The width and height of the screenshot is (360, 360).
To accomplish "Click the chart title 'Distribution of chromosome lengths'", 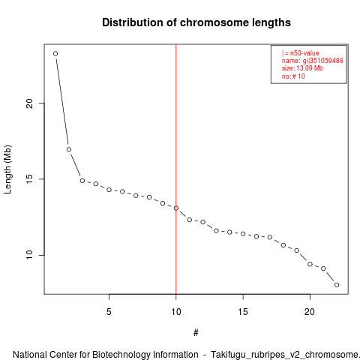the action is click(196, 22).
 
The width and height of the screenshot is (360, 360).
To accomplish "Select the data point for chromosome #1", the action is click(55, 53).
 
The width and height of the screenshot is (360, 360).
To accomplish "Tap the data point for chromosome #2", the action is click(69, 149).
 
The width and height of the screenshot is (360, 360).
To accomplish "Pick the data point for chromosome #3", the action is click(82, 181).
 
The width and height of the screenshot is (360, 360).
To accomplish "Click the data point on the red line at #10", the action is click(176, 208).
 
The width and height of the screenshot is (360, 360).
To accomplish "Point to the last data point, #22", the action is click(337, 285).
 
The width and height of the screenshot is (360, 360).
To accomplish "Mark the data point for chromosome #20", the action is click(310, 264).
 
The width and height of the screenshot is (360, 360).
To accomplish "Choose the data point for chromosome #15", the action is click(243, 234).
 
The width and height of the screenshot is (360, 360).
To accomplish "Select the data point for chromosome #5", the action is click(109, 190).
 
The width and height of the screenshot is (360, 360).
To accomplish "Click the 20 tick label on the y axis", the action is click(29, 103).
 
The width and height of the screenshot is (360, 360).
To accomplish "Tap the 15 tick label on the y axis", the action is click(29, 179).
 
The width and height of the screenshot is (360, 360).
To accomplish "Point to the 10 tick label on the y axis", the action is click(29, 255).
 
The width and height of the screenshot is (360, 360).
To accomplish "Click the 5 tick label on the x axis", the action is click(109, 312).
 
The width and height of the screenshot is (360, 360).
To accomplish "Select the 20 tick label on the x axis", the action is click(310, 312).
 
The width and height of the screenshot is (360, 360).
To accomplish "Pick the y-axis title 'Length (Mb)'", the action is click(7, 169).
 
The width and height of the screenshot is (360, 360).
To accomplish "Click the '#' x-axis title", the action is click(196, 333).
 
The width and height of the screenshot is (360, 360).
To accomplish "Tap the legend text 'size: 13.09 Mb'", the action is click(302, 68).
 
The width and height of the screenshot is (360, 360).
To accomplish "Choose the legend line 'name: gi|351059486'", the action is click(313, 61).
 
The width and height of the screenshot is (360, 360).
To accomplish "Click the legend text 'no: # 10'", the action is click(293, 76).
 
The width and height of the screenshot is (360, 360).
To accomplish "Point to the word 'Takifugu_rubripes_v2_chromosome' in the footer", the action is click(284, 355).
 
